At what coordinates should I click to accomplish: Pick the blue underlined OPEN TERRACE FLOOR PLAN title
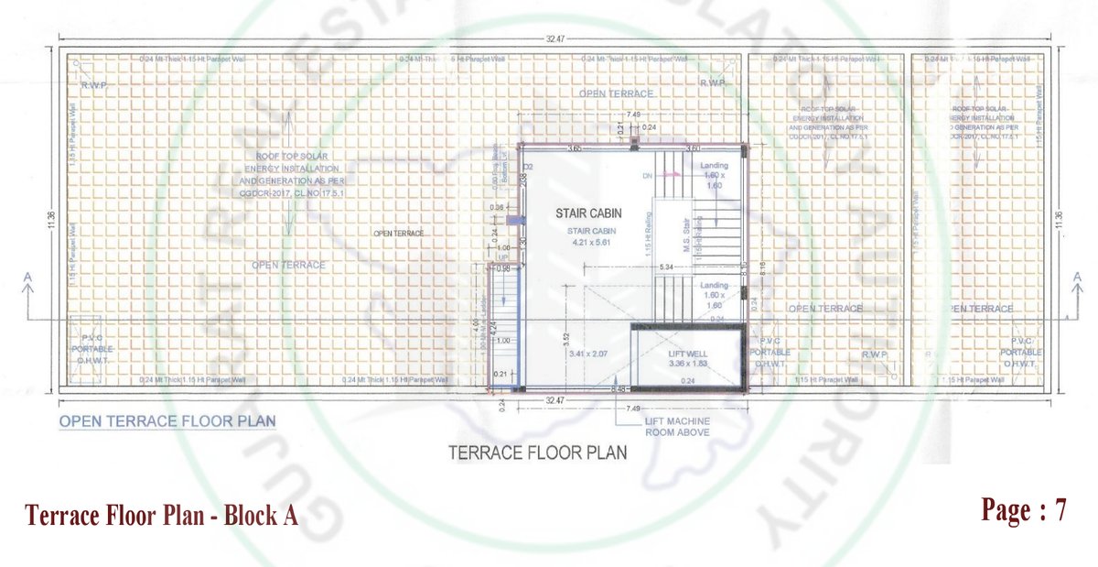167,422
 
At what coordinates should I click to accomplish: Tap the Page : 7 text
1024,511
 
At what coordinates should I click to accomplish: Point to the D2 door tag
528,166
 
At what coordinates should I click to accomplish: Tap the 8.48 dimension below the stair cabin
619,388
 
